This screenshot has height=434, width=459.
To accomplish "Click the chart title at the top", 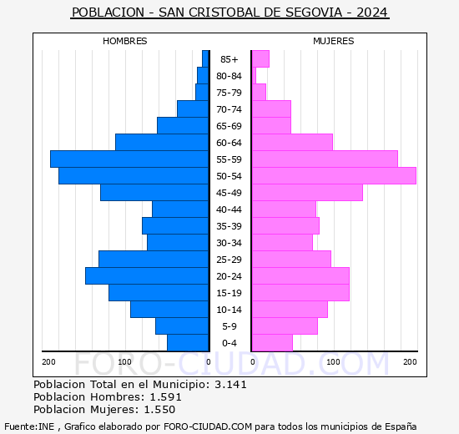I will pos(229,13).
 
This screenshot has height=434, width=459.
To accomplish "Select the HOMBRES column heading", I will pos(125,41).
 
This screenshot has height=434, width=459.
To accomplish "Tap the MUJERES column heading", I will pos(333,41).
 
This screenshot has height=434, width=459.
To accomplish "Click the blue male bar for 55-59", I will pos(129,159).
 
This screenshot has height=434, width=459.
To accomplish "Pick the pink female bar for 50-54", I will pos(334,175).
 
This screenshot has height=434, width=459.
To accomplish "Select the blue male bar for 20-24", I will pos(147,275).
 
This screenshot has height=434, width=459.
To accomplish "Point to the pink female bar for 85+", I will pos(260,58).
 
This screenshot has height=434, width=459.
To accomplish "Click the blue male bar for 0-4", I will pos(188,342).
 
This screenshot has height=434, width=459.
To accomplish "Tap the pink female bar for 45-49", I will pos(307,192).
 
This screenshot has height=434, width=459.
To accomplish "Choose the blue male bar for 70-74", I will pos(193,108).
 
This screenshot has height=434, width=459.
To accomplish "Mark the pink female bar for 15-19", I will pos(300,292).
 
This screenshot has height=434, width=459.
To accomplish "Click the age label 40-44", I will pos(229,209).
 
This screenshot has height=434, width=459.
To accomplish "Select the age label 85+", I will pos(229,59).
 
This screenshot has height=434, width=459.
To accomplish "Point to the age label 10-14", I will pos(229,310).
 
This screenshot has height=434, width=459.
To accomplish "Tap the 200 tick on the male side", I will pos(49,361).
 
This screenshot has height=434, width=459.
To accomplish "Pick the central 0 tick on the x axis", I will pos(209,361).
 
